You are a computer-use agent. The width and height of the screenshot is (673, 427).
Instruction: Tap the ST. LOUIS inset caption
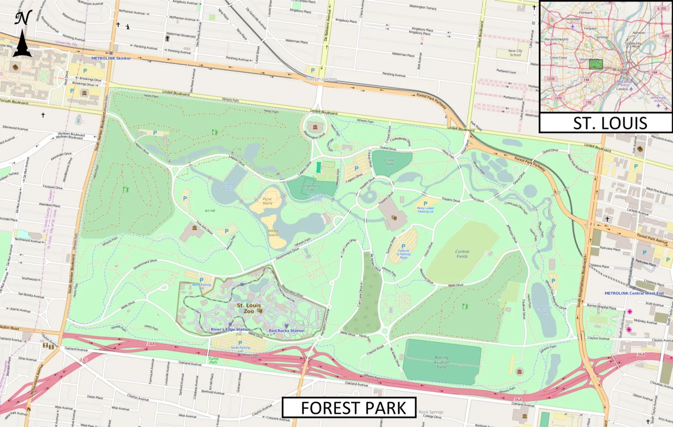click(606, 123)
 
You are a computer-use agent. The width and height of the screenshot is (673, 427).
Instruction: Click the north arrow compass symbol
click(23, 34)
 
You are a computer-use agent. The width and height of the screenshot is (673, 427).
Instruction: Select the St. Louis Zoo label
click(249, 308)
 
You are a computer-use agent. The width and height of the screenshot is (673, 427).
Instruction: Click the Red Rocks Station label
click(287, 331)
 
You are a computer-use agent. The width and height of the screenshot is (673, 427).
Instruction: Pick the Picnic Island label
click(268, 201)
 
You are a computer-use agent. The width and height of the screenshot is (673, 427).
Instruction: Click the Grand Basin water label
click(228, 186)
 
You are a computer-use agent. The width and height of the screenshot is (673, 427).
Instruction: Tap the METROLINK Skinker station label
click(111, 58)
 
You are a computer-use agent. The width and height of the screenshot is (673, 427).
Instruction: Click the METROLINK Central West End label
click(634, 293)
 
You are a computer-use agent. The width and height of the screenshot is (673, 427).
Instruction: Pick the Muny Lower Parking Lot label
click(425, 209)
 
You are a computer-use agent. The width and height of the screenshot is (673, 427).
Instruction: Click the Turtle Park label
click(213, 361)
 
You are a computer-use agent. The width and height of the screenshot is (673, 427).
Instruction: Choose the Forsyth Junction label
click(322, 80)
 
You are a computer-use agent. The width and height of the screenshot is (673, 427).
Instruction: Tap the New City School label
click(515, 53)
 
